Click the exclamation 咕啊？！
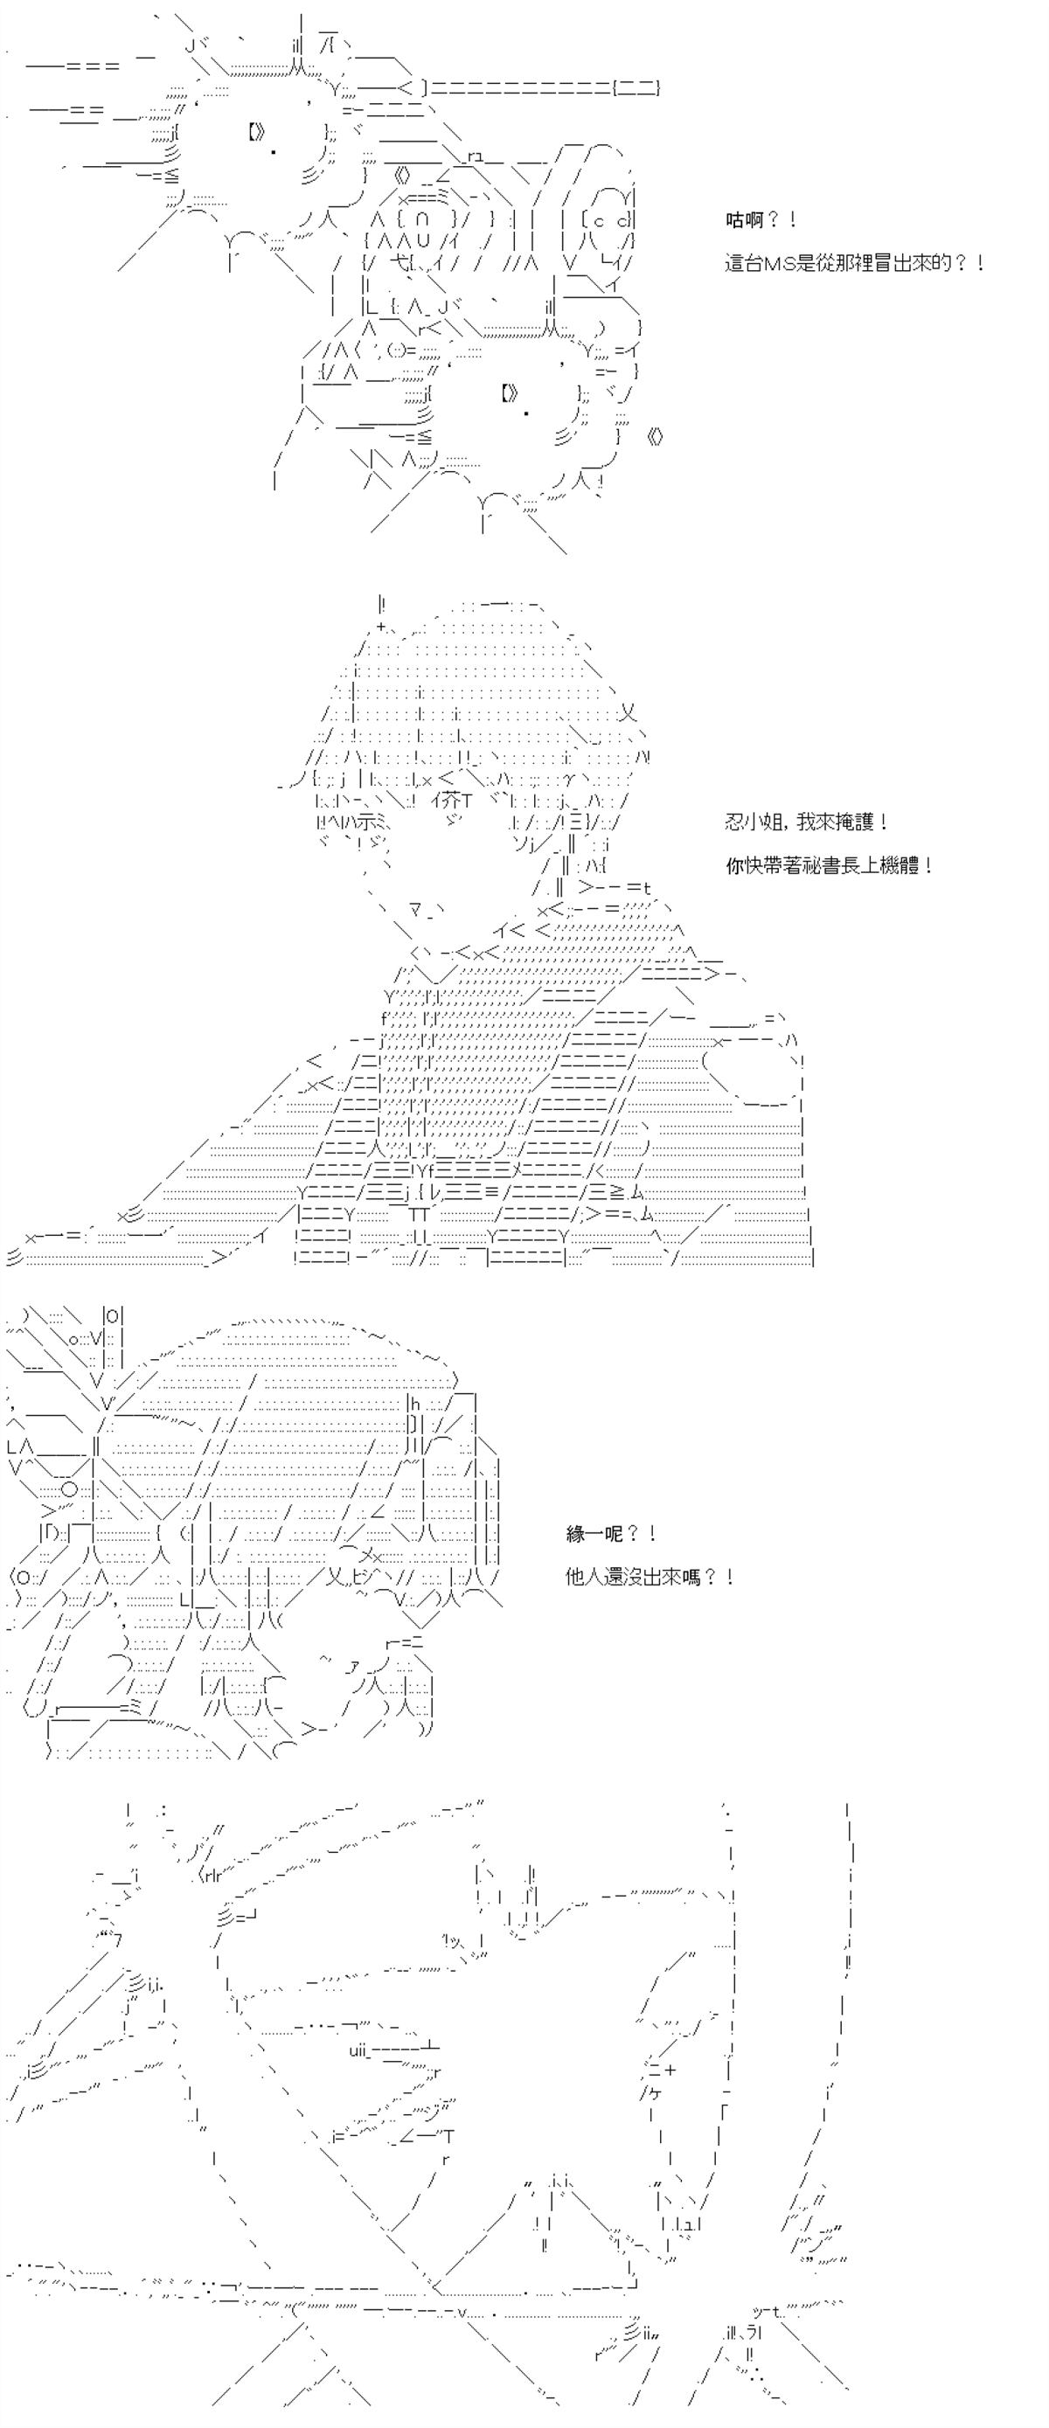[761, 220]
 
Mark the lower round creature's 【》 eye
[509, 393]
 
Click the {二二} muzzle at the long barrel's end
[636, 87]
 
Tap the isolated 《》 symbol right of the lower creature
[658, 436]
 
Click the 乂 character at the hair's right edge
[629, 712]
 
